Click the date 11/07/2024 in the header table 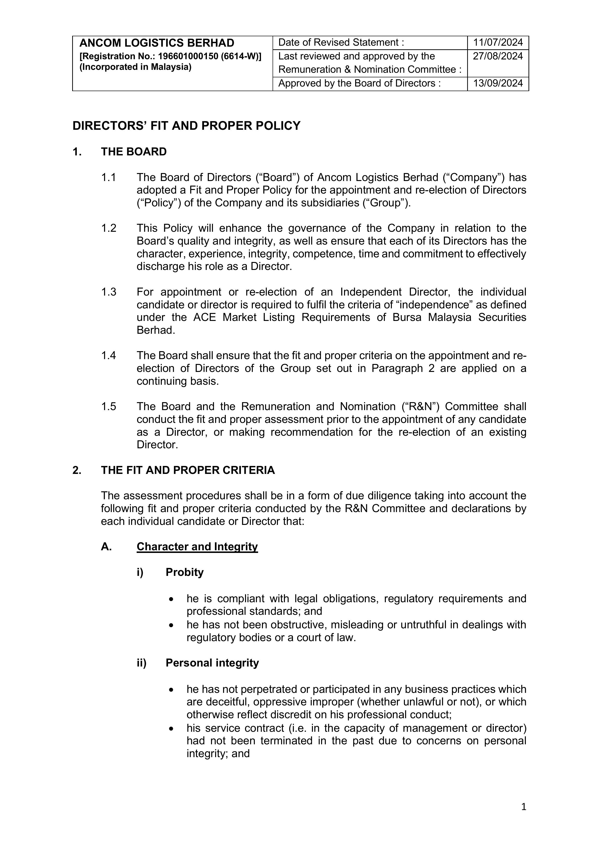[498, 43]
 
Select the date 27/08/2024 [498, 56]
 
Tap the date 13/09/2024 [498, 83]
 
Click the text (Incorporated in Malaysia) [135, 67]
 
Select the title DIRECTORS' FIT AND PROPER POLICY [186, 126]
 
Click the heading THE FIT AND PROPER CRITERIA [188, 470]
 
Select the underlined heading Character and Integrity [197, 547]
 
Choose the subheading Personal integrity [212, 663]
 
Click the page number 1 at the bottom [523, 807]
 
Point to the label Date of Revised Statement [341, 43]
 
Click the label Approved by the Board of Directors [359, 83]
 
